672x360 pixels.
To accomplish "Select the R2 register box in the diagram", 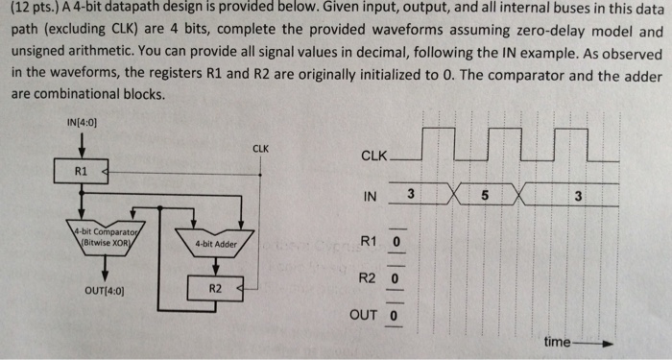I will coord(214,287).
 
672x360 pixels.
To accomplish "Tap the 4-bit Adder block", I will coord(214,243).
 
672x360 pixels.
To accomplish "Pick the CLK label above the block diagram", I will coord(260,149).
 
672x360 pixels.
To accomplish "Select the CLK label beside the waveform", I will coord(374,156).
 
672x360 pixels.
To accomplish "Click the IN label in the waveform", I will coord(371,197).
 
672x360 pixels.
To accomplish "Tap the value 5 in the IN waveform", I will coord(485,196).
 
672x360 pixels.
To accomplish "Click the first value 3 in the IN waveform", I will coord(410,195).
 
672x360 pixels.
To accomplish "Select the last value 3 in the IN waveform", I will coord(578,196).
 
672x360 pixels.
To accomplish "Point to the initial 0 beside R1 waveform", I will coord(395,240).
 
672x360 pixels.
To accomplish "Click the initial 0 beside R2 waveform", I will coord(395,278).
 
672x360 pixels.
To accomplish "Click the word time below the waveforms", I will coord(557,342).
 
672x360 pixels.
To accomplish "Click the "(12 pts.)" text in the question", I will coord(36,12).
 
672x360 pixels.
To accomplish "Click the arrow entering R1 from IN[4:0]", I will coord(84,147).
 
